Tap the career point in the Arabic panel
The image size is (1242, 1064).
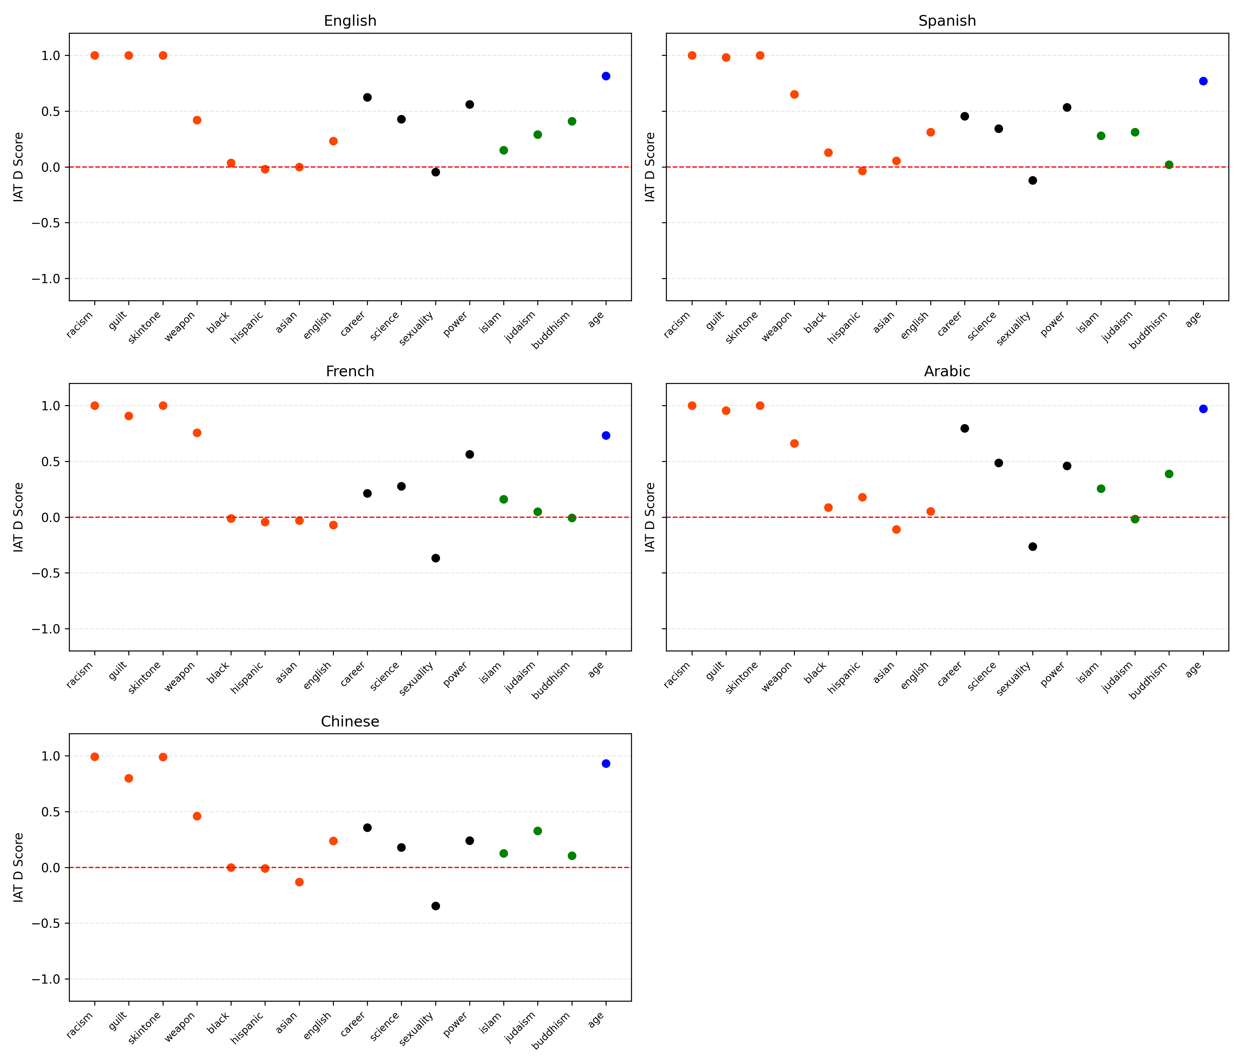coord(964,428)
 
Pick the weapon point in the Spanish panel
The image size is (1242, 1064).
coord(794,95)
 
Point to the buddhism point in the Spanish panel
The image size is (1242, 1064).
coord(1169,165)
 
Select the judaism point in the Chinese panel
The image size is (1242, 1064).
coord(538,831)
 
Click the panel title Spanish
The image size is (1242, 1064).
coord(947,21)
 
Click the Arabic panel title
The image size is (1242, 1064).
coord(947,372)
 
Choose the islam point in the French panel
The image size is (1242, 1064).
coord(504,499)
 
